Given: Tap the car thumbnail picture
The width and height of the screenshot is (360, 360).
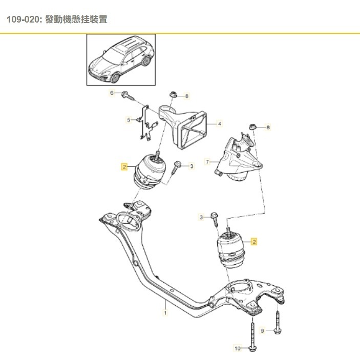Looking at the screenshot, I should (121, 59).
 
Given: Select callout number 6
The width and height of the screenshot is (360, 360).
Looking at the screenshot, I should (111, 93).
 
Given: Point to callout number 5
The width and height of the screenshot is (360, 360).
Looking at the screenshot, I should (129, 120).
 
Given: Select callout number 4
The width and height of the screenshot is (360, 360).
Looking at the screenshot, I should (219, 123).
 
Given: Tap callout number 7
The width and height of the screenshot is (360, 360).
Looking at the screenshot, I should (208, 162).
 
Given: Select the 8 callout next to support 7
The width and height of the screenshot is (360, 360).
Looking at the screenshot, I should (267, 126).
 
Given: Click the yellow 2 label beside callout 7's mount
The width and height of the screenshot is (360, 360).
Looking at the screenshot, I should (254, 241).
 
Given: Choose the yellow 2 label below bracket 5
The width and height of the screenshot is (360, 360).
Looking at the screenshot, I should (123, 166).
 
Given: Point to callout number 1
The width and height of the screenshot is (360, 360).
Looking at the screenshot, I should (165, 311).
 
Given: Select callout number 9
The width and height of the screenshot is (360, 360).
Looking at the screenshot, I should (263, 331).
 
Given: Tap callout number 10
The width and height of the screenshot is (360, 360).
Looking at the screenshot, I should (237, 349).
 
